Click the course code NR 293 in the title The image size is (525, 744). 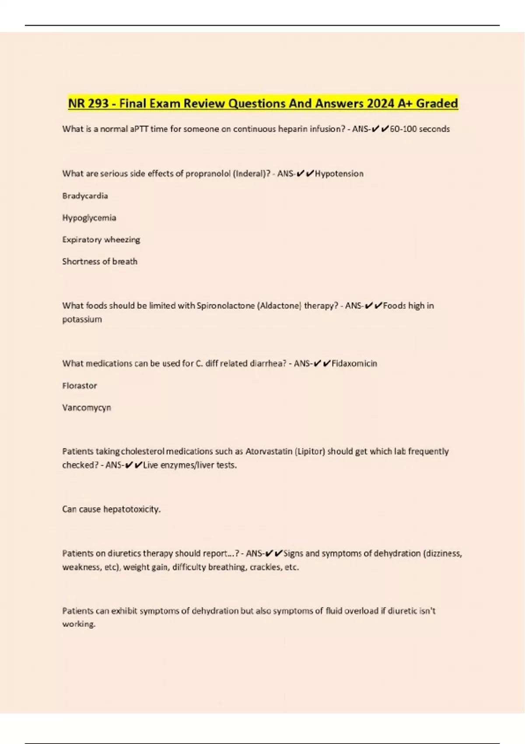pyautogui.click(x=88, y=104)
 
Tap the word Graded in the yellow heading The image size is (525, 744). pyautogui.click(x=437, y=104)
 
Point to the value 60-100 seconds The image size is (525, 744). pyautogui.click(x=420, y=129)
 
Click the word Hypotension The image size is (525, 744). pyautogui.click(x=339, y=174)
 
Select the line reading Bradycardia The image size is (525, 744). pyautogui.click(x=85, y=196)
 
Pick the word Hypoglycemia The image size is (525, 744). pyautogui.click(x=89, y=218)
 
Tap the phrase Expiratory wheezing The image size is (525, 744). pyautogui.click(x=101, y=239)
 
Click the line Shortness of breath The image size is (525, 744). pyautogui.click(x=100, y=261)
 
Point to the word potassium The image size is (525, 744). pyautogui.click(x=82, y=319)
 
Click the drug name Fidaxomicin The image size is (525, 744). pyautogui.click(x=354, y=363)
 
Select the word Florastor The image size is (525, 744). pyautogui.click(x=80, y=386)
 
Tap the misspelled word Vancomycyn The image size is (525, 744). pyautogui.click(x=87, y=407)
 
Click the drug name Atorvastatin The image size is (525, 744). pyautogui.click(x=269, y=451)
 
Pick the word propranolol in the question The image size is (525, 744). pyautogui.click(x=208, y=174)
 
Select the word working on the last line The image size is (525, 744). pyautogui.click(x=78, y=624)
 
